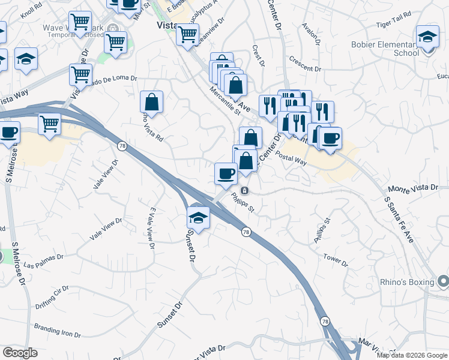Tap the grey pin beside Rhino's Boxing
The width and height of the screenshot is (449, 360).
443,280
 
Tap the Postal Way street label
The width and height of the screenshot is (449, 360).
292,158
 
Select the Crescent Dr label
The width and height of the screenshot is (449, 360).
305,64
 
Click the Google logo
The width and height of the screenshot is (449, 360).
20,353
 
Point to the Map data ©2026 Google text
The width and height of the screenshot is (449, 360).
412,355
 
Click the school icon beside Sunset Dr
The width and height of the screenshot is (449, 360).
198,217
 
